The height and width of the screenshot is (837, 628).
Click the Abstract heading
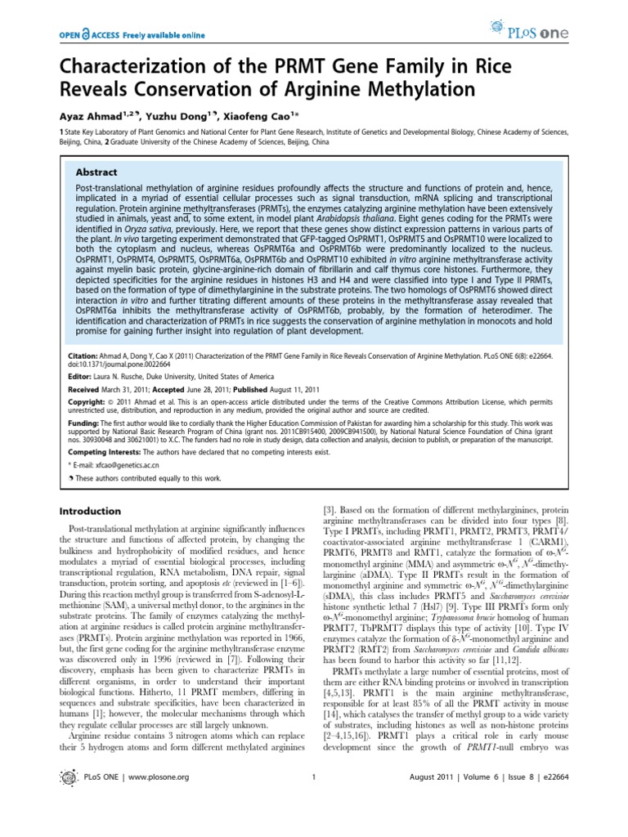pyautogui.click(x=96, y=172)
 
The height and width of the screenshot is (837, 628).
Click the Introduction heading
pyautogui.click(x=87, y=511)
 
